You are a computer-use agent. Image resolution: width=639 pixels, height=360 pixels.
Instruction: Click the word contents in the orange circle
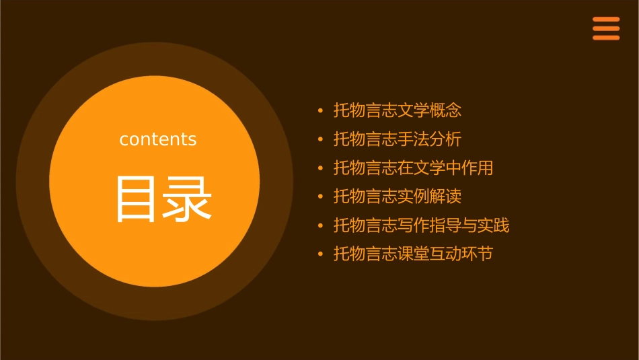(x=158, y=139)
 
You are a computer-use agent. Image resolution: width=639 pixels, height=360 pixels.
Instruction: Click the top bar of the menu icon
(x=606, y=20)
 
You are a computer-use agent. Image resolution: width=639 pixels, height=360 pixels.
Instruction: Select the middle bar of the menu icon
(x=606, y=28)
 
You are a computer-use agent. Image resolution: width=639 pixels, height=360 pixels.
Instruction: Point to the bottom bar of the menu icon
(x=606, y=38)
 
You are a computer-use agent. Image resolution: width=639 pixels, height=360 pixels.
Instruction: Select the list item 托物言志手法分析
(x=398, y=139)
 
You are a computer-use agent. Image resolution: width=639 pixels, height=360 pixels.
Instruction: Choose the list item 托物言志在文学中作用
(x=414, y=168)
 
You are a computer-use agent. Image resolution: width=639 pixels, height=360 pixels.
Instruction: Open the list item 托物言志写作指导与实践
(x=422, y=225)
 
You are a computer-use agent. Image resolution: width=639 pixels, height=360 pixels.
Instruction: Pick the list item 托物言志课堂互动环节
(x=414, y=254)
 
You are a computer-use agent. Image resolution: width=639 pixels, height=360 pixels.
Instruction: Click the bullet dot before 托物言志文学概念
(x=320, y=110)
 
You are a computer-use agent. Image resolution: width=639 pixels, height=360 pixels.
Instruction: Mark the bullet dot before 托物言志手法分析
(x=320, y=139)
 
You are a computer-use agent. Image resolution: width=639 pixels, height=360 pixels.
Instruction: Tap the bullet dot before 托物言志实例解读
(x=320, y=196)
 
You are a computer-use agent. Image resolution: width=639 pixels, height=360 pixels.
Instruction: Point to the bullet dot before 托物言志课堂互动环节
(x=320, y=254)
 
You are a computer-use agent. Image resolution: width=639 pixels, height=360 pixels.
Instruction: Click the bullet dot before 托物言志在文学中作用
(x=320, y=168)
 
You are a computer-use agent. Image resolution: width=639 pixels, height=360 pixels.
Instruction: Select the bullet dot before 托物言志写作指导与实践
(x=320, y=225)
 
